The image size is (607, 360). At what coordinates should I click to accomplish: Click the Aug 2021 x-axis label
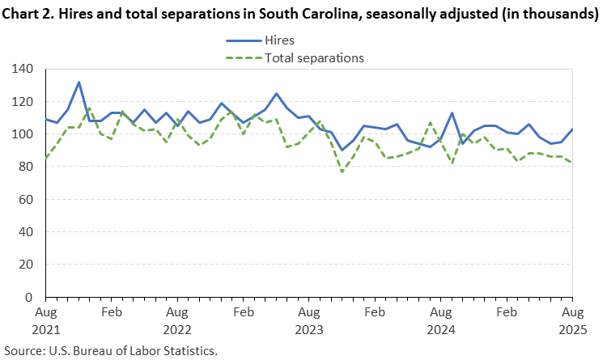[45, 319]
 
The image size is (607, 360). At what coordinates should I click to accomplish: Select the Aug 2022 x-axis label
[177, 319]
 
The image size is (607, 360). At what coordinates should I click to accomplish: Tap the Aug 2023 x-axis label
[308, 319]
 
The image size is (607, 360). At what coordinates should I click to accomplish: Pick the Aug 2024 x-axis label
[440, 319]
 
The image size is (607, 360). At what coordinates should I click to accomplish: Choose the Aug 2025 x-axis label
[572, 319]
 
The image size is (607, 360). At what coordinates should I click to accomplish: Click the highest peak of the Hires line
[79, 82]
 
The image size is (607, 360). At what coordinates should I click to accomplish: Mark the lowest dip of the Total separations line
[342, 172]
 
